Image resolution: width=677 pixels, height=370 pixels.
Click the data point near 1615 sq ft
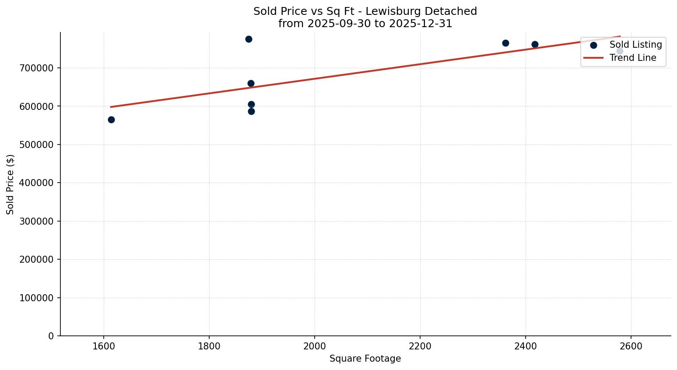pyautogui.click(x=111, y=120)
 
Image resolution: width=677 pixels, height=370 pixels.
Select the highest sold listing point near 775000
pyautogui.click(x=249, y=39)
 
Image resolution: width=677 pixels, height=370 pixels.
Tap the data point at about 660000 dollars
pyautogui.click(x=251, y=83)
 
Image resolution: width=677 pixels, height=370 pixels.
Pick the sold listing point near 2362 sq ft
pyautogui.click(x=505, y=43)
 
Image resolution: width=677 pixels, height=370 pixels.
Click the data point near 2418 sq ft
pyautogui.click(x=535, y=44)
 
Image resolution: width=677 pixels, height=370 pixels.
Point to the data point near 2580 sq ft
pyautogui.click(x=620, y=51)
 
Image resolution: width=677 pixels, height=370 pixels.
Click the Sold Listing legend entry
pyautogui.click(x=635, y=45)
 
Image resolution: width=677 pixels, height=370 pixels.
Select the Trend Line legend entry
pyautogui.click(x=632, y=58)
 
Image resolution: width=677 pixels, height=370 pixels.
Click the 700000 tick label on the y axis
pyautogui.click(x=37, y=68)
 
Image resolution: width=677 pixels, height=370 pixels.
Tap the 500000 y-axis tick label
pyautogui.click(x=37, y=145)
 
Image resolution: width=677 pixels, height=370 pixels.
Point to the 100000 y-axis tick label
pyautogui.click(x=37, y=298)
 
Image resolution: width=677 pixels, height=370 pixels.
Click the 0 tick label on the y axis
pyautogui.click(x=51, y=336)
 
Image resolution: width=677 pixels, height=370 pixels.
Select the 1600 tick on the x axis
pyautogui.click(x=104, y=346)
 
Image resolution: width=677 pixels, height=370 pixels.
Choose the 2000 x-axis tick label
pyautogui.click(x=315, y=346)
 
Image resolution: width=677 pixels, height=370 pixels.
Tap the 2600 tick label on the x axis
pyautogui.click(x=631, y=346)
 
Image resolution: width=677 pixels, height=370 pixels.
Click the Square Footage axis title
pyautogui.click(x=365, y=359)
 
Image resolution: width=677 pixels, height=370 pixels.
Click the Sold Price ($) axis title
pyautogui.click(x=11, y=184)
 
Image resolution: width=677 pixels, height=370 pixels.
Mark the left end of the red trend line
pyautogui.click(x=111, y=107)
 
